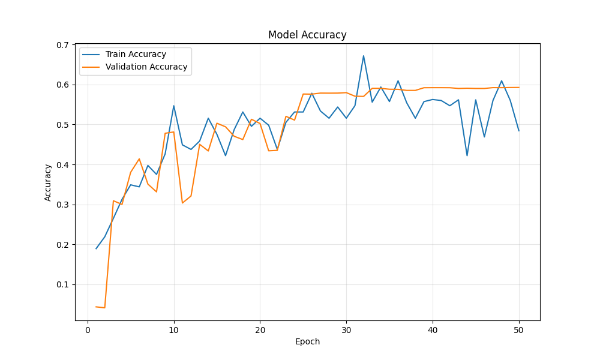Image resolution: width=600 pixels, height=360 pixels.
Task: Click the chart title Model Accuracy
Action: click(307, 35)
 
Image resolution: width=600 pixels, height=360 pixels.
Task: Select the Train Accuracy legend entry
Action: click(136, 55)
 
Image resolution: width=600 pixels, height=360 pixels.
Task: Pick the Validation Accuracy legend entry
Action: click(146, 67)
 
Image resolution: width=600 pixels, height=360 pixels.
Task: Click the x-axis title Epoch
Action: click(307, 342)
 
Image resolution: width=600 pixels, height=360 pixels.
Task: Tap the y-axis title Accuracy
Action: click(48, 182)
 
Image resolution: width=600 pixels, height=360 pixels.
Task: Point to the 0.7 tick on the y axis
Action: click(61, 45)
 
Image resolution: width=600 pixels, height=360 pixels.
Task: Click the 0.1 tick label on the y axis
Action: click(61, 285)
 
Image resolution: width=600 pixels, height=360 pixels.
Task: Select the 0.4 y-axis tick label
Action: click(61, 165)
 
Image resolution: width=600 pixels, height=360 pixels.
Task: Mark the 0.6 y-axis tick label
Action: click(61, 85)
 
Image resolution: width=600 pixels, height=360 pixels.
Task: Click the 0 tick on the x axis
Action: click(88, 331)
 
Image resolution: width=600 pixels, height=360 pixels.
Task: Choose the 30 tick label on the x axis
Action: click(346, 331)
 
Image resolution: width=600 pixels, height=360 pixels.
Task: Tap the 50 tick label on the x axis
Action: click(519, 331)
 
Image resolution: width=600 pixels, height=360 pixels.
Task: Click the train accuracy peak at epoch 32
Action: click(364, 56)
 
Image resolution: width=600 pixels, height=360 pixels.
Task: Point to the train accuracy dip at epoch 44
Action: click(467, 156)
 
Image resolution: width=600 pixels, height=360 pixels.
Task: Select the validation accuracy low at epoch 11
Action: click(182, 203)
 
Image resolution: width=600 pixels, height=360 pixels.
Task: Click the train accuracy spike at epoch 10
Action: click(174, 106)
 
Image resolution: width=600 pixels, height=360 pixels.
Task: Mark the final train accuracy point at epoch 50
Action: click(519, 131)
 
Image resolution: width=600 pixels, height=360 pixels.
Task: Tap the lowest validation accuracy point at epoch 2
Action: click(105, 308)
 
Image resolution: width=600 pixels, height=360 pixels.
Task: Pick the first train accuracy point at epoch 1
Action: click(96, 248)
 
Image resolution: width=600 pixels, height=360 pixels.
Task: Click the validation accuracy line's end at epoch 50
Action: click(519, 88)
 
